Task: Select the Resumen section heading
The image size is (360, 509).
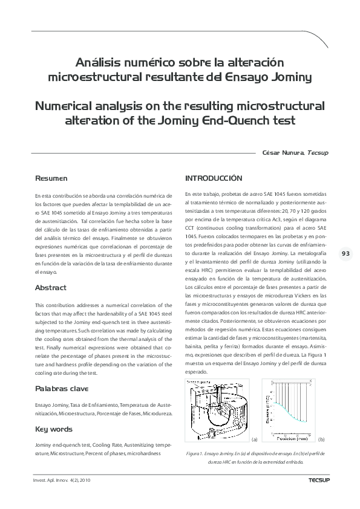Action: pos(51,179)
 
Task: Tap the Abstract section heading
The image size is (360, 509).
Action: pos(51,288)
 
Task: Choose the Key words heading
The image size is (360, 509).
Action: pos(53,446)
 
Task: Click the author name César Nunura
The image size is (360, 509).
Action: pos(283,153)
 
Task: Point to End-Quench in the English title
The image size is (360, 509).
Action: pos(229,120)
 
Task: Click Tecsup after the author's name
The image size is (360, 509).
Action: pos(318,153)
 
